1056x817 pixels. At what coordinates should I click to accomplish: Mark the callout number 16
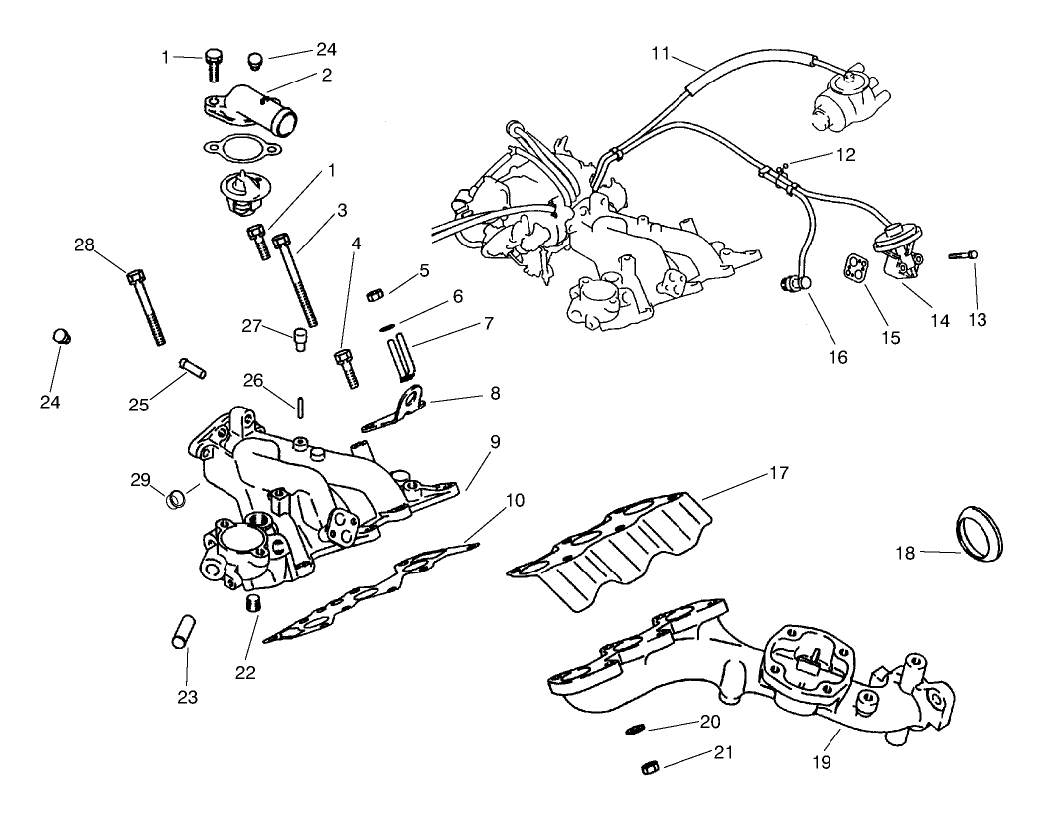[x=838, y=356]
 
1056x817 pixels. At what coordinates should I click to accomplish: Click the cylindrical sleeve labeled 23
[x=179, y=633]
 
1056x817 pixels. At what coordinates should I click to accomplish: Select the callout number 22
[x=245, y=672]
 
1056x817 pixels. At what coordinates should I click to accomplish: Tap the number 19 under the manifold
[x=820, y=762]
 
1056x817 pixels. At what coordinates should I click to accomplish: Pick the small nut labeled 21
[x=650, y=766]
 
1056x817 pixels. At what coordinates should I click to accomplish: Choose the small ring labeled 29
[x=175, y=494]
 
